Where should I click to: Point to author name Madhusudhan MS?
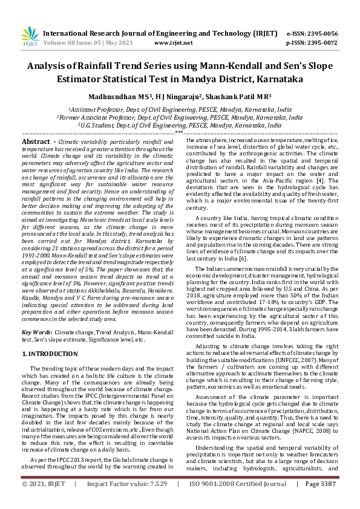click(124, 96)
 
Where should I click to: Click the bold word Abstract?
click(35, 141)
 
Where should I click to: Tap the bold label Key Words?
click(36, 332)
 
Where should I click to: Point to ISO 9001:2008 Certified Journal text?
click(238, 501)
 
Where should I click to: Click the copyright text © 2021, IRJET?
click(44, 501)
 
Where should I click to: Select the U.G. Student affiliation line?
click(180, 125)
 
